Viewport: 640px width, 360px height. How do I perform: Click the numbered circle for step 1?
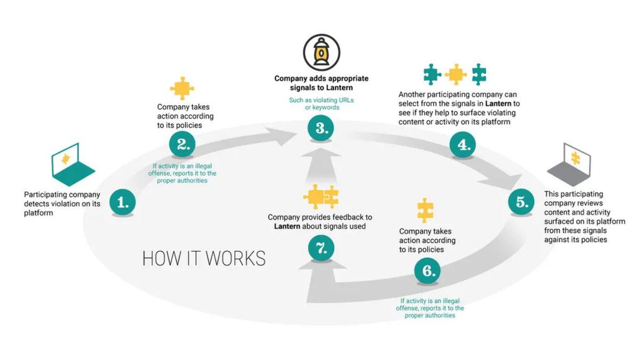123,202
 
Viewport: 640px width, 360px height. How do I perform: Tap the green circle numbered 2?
182,143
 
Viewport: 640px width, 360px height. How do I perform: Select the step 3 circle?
321,129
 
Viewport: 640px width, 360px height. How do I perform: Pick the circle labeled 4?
461,143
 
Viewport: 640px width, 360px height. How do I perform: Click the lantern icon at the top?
321,52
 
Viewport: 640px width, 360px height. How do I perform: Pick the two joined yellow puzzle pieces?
321,197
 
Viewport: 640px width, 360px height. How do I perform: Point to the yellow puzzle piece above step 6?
425,210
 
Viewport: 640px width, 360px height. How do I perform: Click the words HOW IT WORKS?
204,258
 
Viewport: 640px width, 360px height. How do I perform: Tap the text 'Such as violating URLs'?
321,100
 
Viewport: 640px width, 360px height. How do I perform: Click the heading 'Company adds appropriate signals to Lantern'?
321,83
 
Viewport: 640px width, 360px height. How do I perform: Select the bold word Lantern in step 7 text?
287,226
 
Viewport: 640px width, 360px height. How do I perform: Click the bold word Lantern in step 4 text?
499,103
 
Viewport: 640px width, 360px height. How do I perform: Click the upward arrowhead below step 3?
321,155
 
